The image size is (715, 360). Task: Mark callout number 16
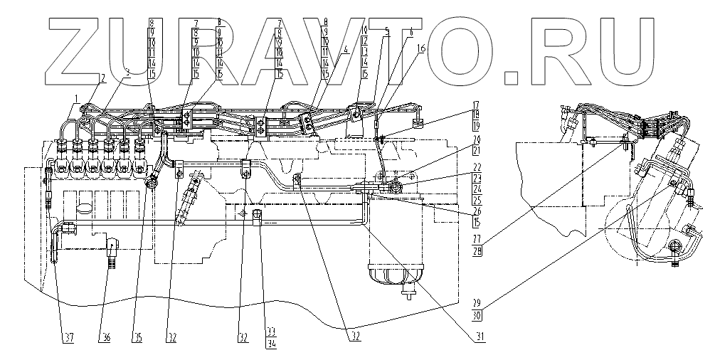point(421,49)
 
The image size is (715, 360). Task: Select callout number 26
point(475,212)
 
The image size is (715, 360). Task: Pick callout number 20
point(475,139)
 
